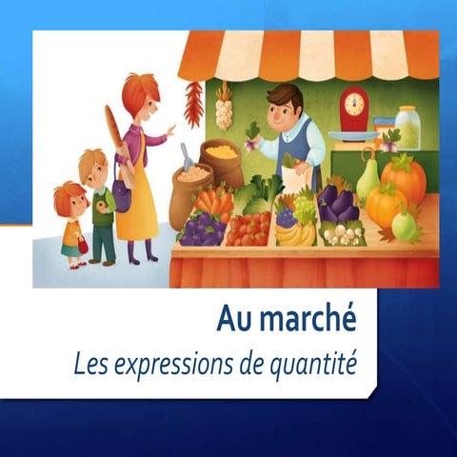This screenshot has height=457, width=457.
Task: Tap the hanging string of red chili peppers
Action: pos(193,103)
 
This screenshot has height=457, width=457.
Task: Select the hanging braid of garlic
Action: pos(224,107)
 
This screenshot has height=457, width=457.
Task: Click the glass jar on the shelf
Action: pos(407,126)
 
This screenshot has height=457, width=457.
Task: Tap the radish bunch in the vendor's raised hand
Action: pos(252,135)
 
